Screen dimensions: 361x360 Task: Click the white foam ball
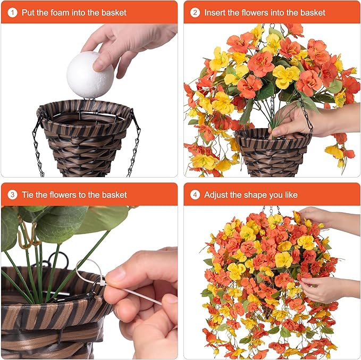[90, 75]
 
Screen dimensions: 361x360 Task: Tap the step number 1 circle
[12, 12]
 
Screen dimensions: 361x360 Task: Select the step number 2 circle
[195, 12]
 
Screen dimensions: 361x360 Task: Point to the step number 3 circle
[12, 195]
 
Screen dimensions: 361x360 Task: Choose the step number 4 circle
[195, 195]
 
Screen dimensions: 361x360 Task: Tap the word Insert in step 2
[215, 12]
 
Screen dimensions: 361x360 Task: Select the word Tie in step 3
[28, 195]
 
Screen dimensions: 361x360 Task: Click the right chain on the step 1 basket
[134, 143]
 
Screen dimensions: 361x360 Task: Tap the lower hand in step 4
[327, 289]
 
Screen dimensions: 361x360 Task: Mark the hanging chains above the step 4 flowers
[272, 211]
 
